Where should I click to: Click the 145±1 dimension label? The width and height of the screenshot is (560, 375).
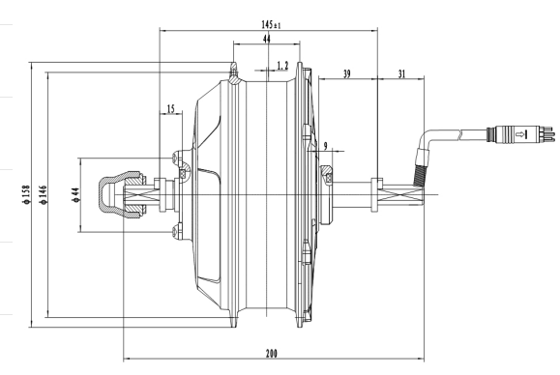[x=271, y=24]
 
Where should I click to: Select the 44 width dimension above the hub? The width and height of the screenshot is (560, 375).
[x=266, y=39]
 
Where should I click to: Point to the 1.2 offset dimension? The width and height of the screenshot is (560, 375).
[x=282, y=66]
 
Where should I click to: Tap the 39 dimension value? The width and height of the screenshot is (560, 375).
[x=346, y=73]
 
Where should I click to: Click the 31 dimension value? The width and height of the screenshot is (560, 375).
[x=401, y=73]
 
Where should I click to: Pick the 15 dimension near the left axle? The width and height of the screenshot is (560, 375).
[x=171, y=108]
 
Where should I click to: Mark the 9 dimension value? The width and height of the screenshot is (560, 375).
[x=325, y=146]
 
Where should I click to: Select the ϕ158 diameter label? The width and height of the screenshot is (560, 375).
[x=26, y=194]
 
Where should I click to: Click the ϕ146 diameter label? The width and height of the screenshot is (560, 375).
[x=44, y=194]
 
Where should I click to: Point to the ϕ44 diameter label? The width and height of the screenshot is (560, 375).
[x=76, y=195]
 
